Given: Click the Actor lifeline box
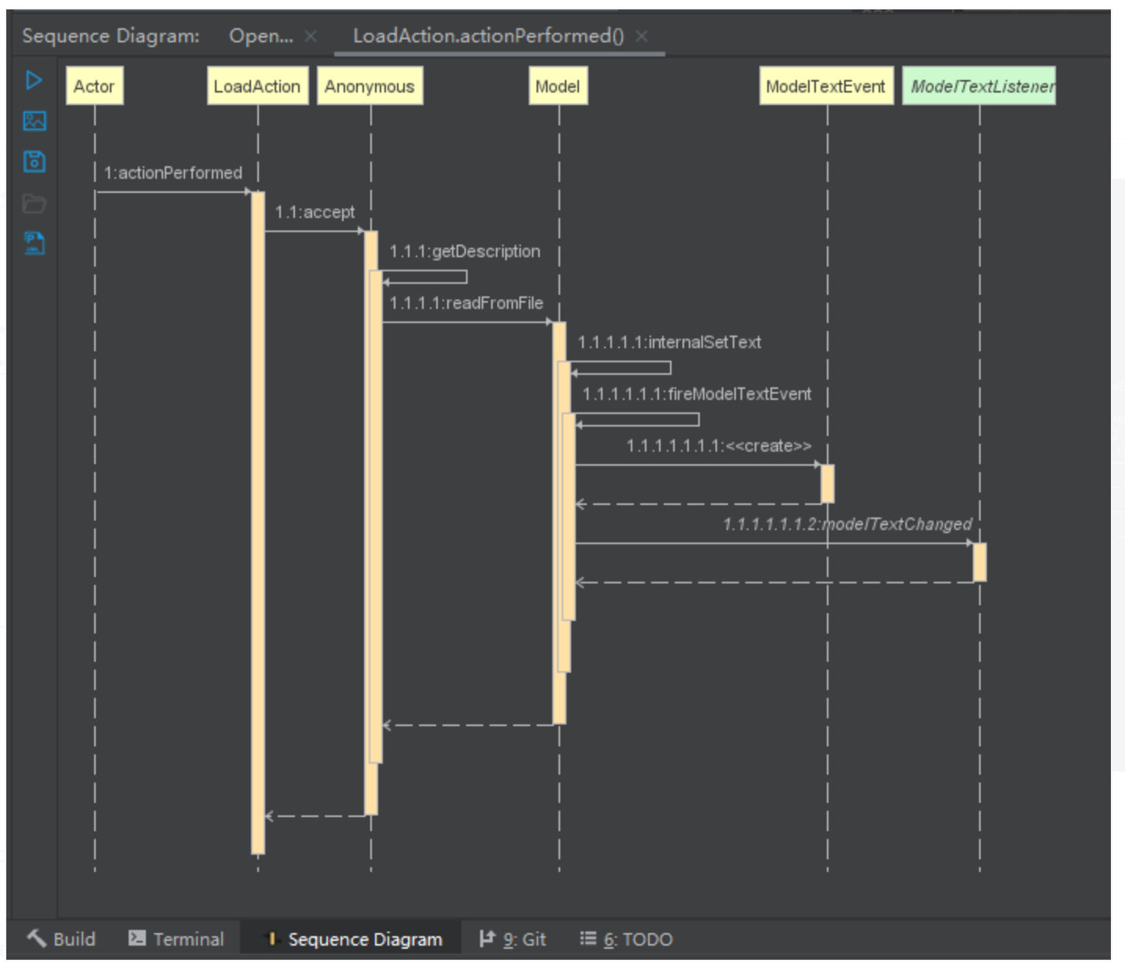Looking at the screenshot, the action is pyautogui.click(x=95, y=85).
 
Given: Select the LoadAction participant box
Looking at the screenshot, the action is pyautogui.click(x=257, y=85).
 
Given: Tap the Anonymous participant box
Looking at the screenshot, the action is pyautogui.click(x=370, y=85).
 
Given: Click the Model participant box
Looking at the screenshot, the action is pyautogui.click(x=558, y=85).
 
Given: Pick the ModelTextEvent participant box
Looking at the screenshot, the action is pyautogui.click(x=826, y=85).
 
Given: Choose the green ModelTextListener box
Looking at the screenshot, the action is pyautogui.click(x=979, y=85).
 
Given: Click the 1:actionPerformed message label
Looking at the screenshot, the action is pyautogui.click(x=173, y=173).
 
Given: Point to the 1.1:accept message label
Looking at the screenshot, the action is pyautogui.click(x=315, y=212).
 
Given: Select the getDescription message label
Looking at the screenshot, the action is pyautogui.click(x=464, y=251).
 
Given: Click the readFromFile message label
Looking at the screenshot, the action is pyautogui.click(x=467, y=303).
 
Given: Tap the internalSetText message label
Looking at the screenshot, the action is pyautogui.click(x=669, y=342).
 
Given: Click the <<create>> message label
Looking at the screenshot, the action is pyautogui.click(x=719, y=446).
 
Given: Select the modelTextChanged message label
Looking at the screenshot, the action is pyautogui.click(x=847, y=525).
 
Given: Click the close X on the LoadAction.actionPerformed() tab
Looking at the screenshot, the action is pyautogui.click(x=643, y=36).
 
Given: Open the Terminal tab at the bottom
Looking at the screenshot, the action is pyautogui.click(x=177, y=939).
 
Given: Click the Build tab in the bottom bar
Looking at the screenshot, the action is pyautogui.click(x=61, y=939).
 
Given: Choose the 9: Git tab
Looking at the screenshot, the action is pyautogui.click(x=513, y=939).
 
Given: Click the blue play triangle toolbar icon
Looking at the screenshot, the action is pyautogui.click(x=34, y=81).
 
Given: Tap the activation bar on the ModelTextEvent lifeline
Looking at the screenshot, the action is pyautogui.click(x=828, y=484).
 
